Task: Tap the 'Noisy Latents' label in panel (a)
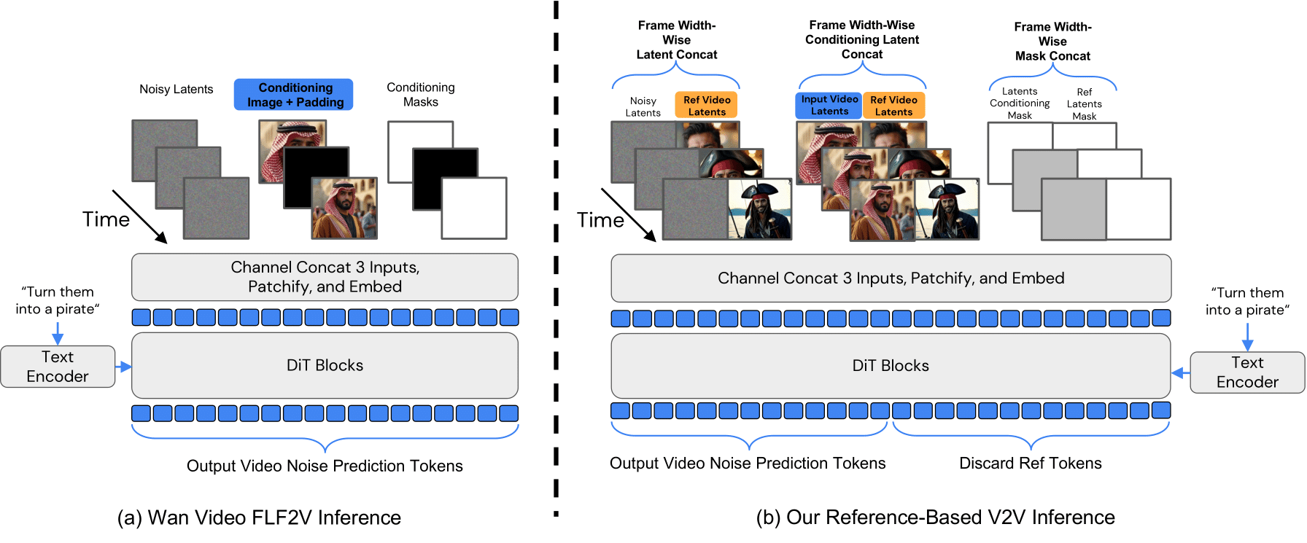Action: click(x=176, y=89)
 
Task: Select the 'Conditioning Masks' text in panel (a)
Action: click(x=420, y=95)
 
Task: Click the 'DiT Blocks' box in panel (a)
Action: click(x=325, y=365)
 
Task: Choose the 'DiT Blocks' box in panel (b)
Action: click(x=891, y=365)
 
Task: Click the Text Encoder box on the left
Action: click(x=58, y=367)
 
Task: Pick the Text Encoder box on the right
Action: click(x=1247, y=372)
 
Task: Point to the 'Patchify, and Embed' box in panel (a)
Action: click(x=325, y=277)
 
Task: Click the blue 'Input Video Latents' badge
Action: click(x=829, y=105)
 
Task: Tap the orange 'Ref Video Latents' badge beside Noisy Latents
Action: click(x=706, y=105)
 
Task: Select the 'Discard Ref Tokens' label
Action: click(x=1030, y=463)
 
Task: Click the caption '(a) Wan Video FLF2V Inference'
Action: click(x=259, y=517)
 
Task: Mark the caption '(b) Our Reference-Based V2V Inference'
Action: click(x=935, y=517)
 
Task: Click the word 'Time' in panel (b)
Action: click(x=600, y=220)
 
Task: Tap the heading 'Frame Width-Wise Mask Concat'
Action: click(x=1052, y=42)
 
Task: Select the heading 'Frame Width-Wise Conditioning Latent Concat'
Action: click(x=861, y=39)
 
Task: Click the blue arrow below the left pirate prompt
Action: click(x=58, y=333)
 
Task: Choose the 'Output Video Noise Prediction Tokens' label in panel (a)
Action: click(x=325, y=466)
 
